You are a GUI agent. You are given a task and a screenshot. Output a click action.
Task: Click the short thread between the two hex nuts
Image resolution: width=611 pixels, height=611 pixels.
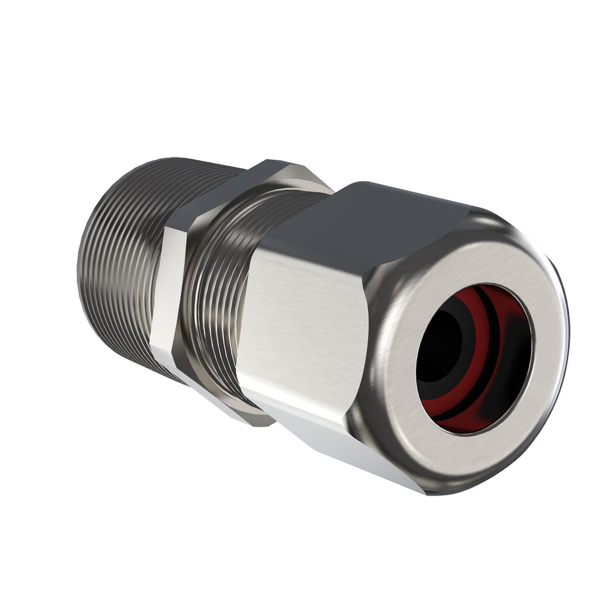[x=221, y=298]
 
